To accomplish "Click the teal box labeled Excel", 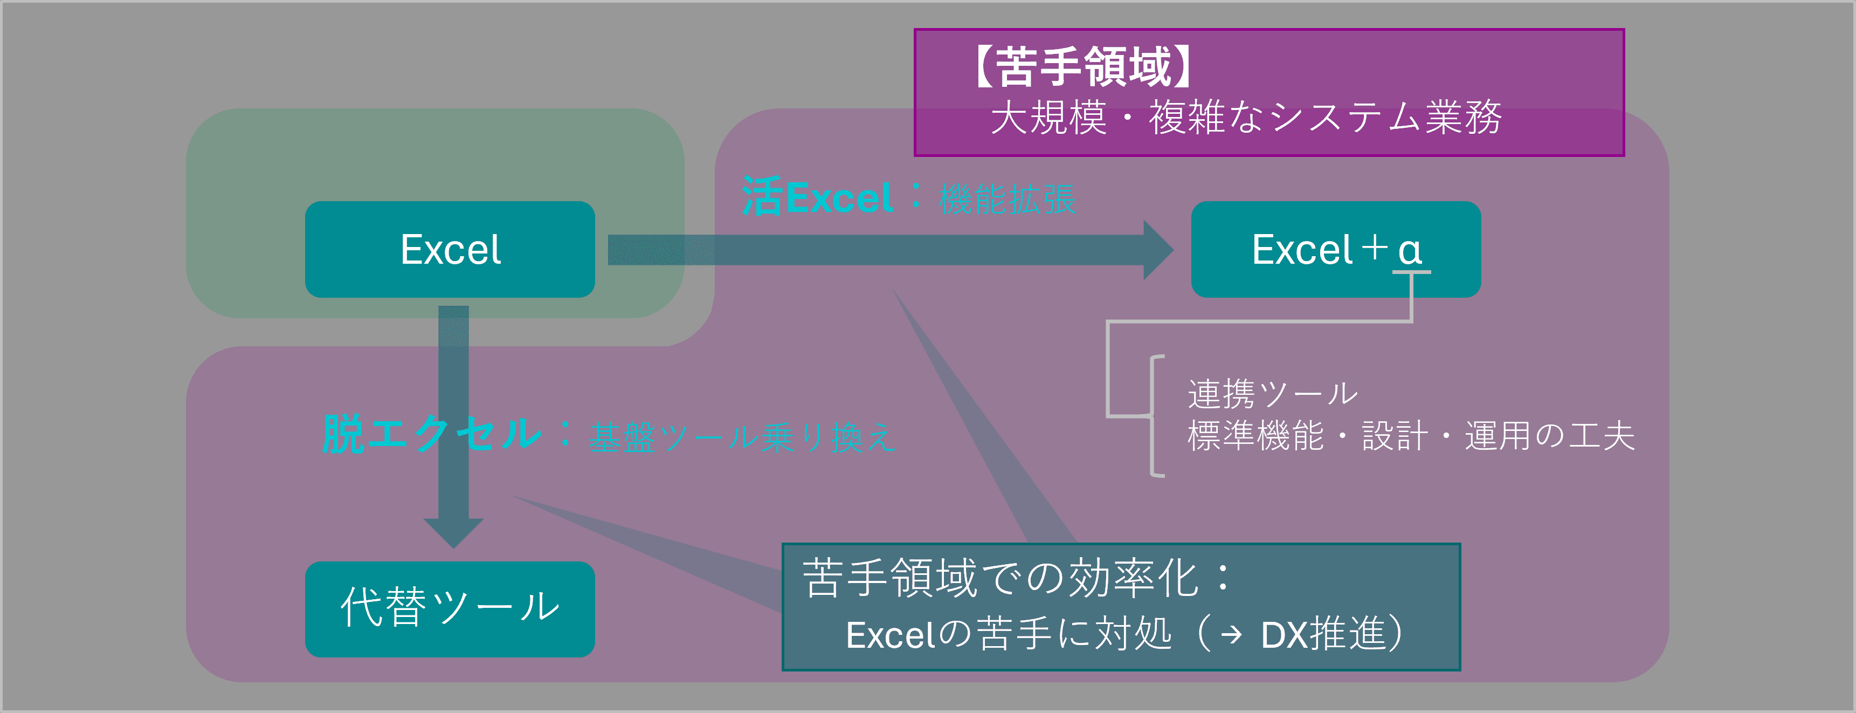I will point(450,249).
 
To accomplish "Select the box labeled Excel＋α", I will point(1335,249).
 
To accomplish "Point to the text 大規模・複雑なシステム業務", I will point(1246,118).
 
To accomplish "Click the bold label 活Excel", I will point(817,197).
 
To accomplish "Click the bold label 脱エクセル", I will point(431,434).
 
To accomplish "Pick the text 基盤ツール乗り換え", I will point(742,437).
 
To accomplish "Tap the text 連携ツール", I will point(1272,394).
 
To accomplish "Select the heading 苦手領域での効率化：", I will point(1017,578).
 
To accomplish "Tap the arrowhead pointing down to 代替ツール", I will point(453,533).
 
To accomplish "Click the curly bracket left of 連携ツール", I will point(1155,416).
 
